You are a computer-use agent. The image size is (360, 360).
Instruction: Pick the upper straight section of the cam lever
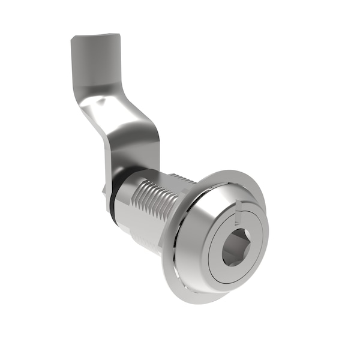pyautogui.click(x=90, y=66)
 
